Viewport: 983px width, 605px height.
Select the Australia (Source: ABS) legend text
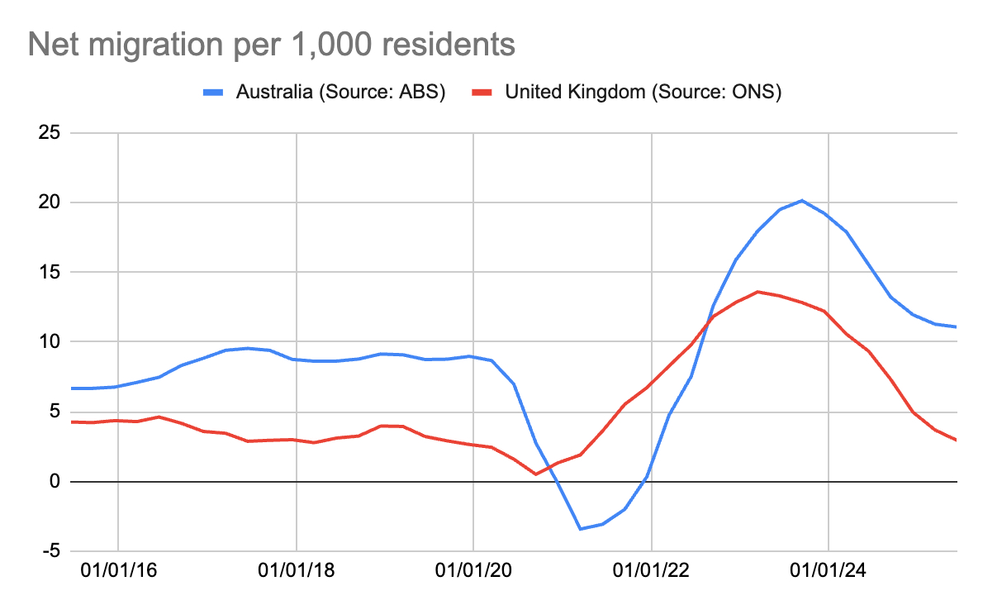tap(340, 92)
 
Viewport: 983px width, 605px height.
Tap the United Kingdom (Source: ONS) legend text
tap(643, 92)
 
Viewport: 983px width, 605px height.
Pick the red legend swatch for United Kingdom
tap(482, 92)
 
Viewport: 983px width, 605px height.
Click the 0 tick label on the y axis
tap(55, 481)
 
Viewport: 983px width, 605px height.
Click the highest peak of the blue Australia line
tap(801, 200)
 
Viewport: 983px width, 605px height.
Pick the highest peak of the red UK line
tap(758, 292)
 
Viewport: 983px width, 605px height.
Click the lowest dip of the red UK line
tap(535, 474)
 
